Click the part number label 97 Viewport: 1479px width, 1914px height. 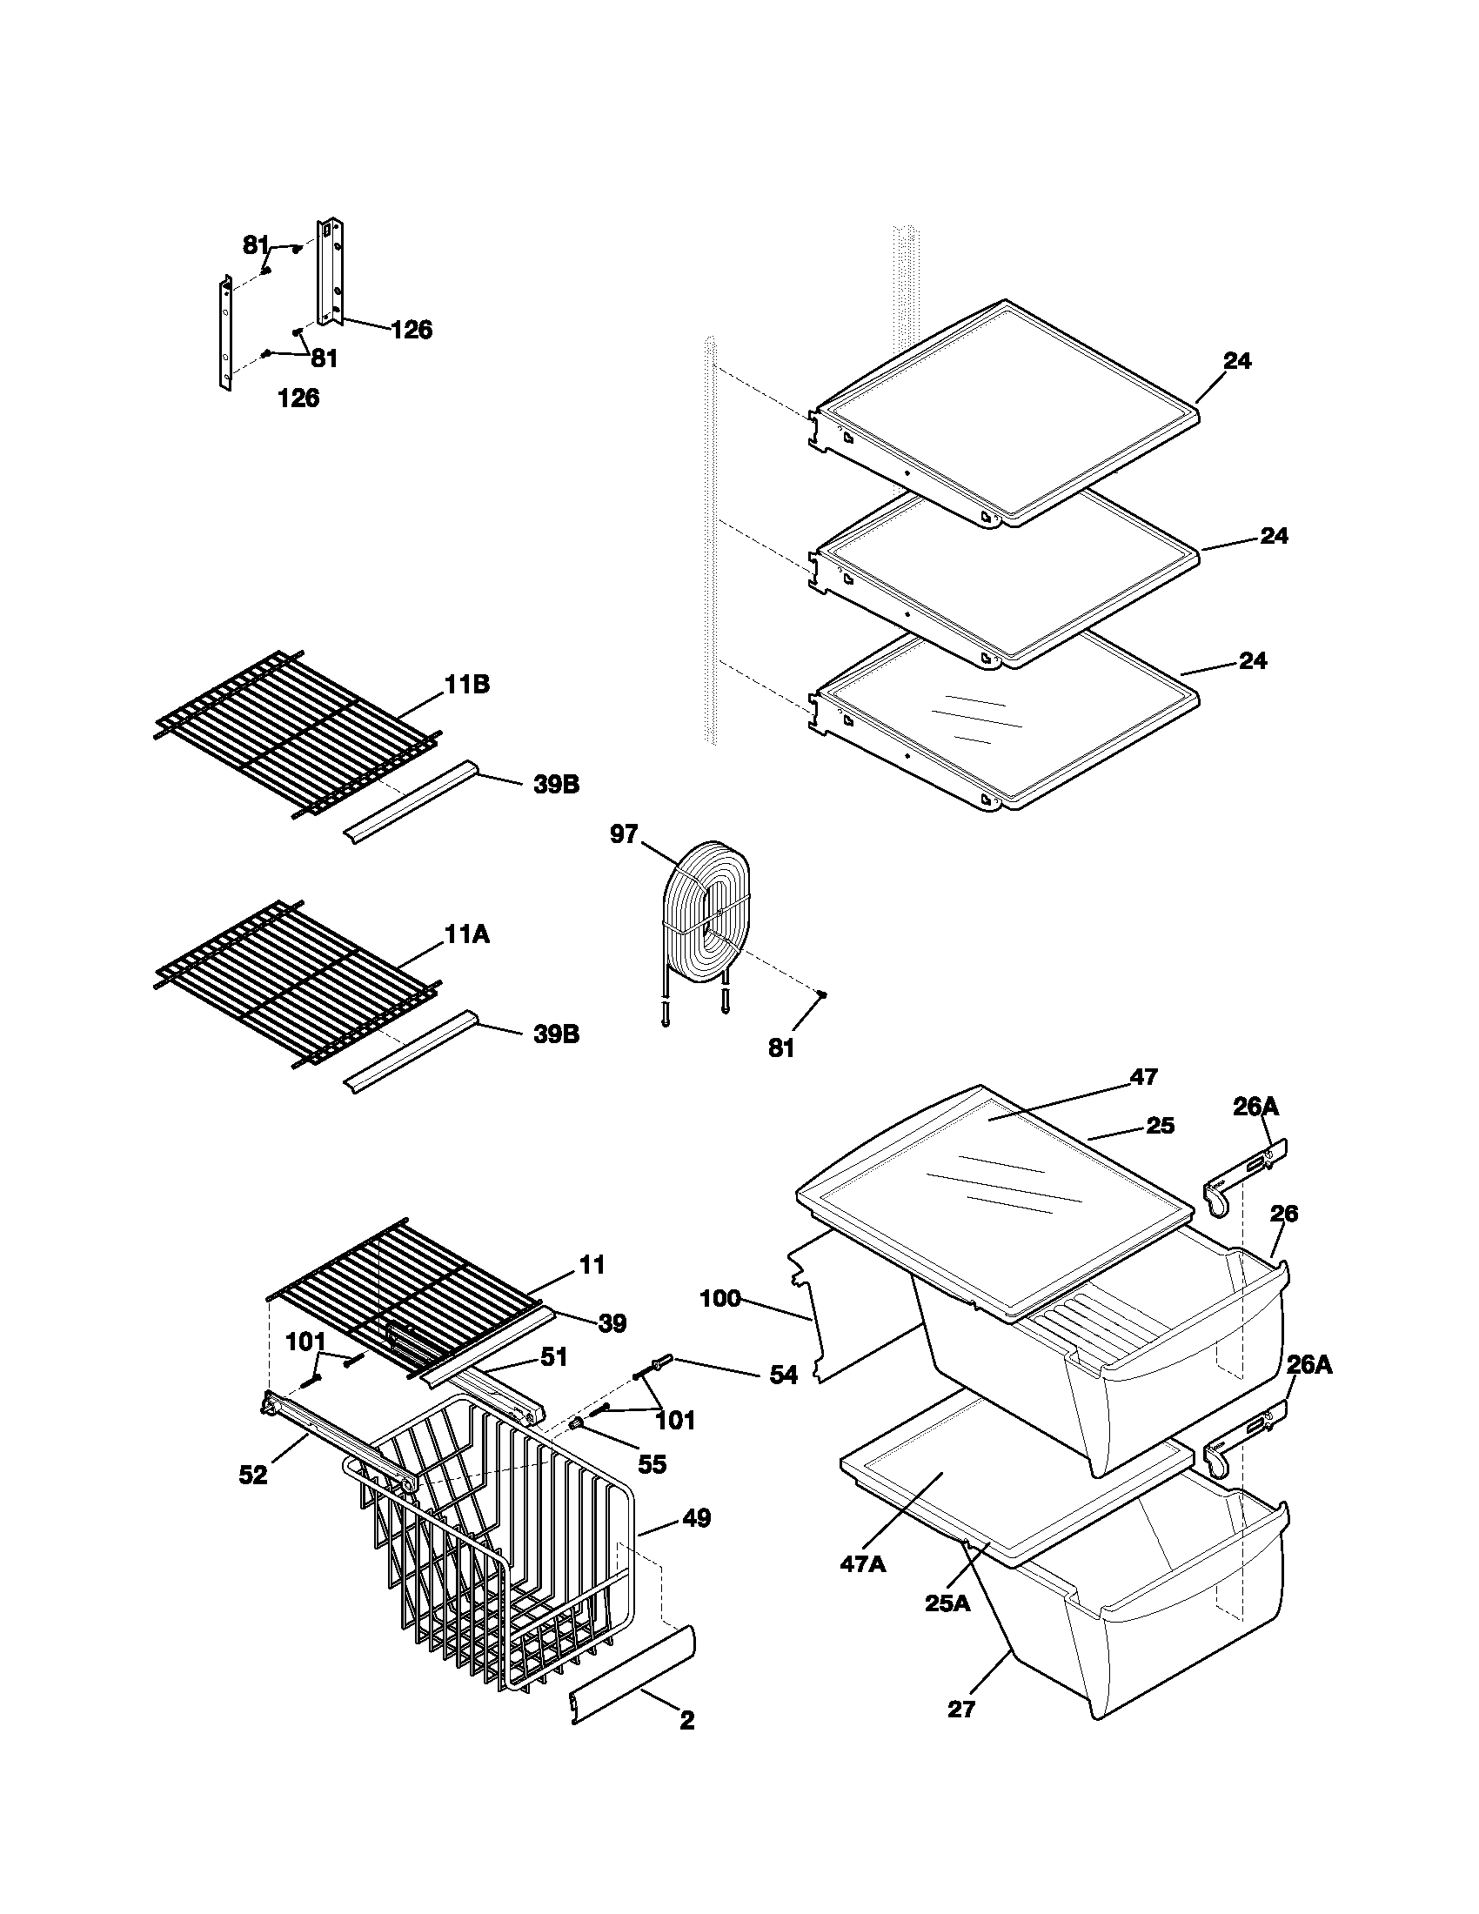(624, 833)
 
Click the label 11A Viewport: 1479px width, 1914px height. (466, 935)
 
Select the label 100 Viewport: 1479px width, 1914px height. (720, 1298)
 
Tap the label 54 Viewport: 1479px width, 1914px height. (783, 1376)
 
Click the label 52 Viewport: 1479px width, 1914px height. (253, 1476)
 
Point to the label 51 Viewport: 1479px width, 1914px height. (553, 1356)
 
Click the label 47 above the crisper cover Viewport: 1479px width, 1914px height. (1144, 1076)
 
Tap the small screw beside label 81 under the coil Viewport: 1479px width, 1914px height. (822, 994)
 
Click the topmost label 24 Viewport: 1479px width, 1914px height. (1237, 360)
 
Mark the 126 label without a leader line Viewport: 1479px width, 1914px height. (298, 398)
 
